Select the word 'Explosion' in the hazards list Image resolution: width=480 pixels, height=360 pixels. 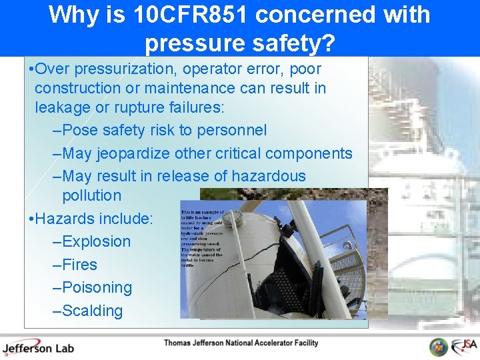pos(96,241)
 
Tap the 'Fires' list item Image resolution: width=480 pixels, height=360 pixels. pos(79,265)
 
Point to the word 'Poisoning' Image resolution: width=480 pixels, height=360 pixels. pos(97,288)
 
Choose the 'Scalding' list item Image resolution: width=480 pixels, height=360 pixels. pos(92,311)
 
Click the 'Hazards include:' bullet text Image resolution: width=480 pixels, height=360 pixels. pos(93,219)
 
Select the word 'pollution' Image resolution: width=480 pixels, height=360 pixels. pos(92,196)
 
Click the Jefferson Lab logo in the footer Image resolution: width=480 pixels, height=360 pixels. pos(38,347)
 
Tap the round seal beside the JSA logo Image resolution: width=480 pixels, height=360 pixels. pos(438,347)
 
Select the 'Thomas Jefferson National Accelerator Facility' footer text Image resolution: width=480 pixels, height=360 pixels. pos(241,343)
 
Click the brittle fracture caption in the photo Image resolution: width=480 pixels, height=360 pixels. pos(201,237)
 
